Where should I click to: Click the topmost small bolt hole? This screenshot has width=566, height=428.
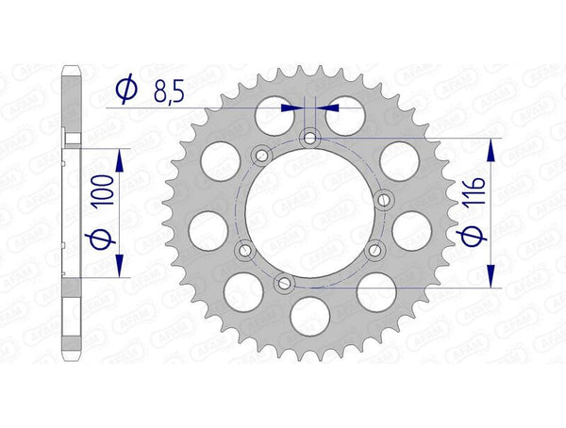point(308,139)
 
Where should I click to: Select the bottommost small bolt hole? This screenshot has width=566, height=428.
point(280,282)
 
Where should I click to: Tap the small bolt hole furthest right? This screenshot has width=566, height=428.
point(382,200)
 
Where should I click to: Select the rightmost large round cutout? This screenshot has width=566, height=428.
point(410,226)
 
